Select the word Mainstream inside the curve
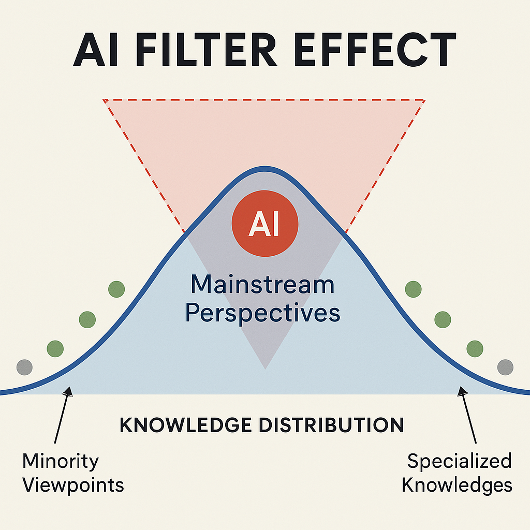pos(262,285)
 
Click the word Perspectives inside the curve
pos(263,313)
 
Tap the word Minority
pos(61,460)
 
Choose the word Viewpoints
pos(73,485)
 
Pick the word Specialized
pos(459,460)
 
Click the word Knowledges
pos(457,485)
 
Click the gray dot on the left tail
pos(24,367)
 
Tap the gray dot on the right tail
pos(505,367)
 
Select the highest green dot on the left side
pos(116,289)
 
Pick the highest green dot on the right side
pos(413,289)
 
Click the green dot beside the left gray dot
pos(55,347)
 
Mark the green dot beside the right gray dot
pos(475,349)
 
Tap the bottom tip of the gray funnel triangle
pos(265,367)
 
